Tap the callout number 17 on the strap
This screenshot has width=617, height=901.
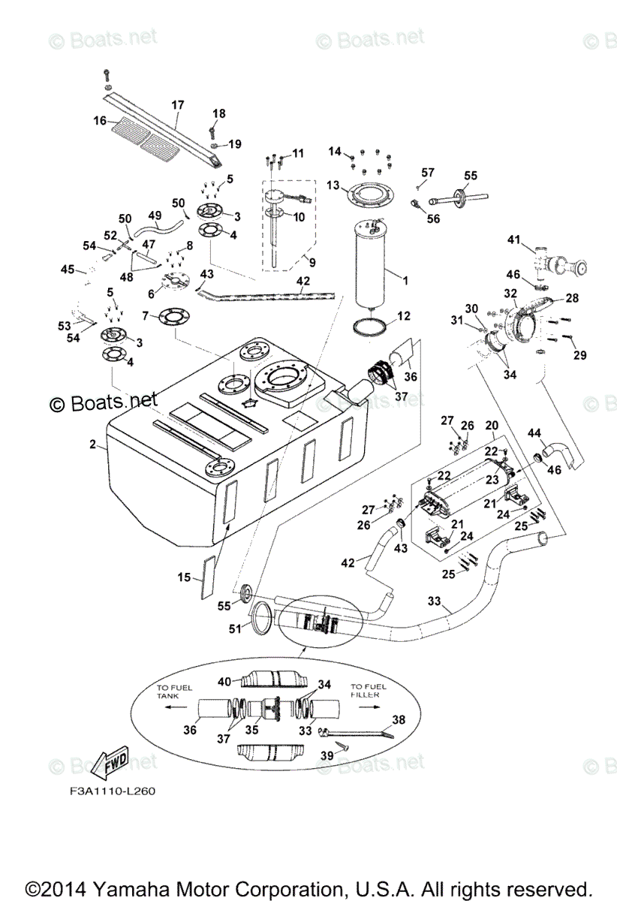coord(177,105)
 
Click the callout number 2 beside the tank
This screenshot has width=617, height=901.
coord(93,444)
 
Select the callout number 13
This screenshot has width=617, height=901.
coord(333,185)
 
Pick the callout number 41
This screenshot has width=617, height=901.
coord(513,240)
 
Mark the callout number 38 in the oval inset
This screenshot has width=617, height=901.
coord(398,719)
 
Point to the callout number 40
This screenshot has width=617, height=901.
coord(224,681)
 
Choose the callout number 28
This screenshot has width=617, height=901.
coord(572,298)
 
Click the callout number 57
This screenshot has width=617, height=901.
coord(427,173)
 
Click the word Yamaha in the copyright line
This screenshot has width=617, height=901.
coord(153,886)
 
